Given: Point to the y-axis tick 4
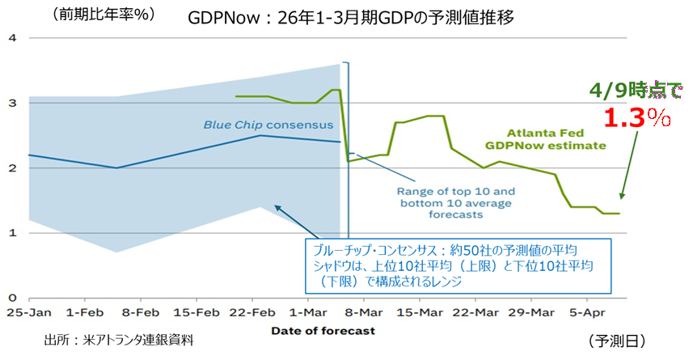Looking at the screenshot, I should pyautogui.click(x=11, y=38).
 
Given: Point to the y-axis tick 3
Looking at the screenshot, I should pyautogui.click(x=11, y=103).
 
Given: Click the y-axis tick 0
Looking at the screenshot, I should pyautogui.click(x=11, y=297).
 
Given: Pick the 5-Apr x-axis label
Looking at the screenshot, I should pyautogui.click(x=588, y=311).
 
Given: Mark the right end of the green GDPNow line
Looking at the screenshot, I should pyautogui.click(x=619, y=214).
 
